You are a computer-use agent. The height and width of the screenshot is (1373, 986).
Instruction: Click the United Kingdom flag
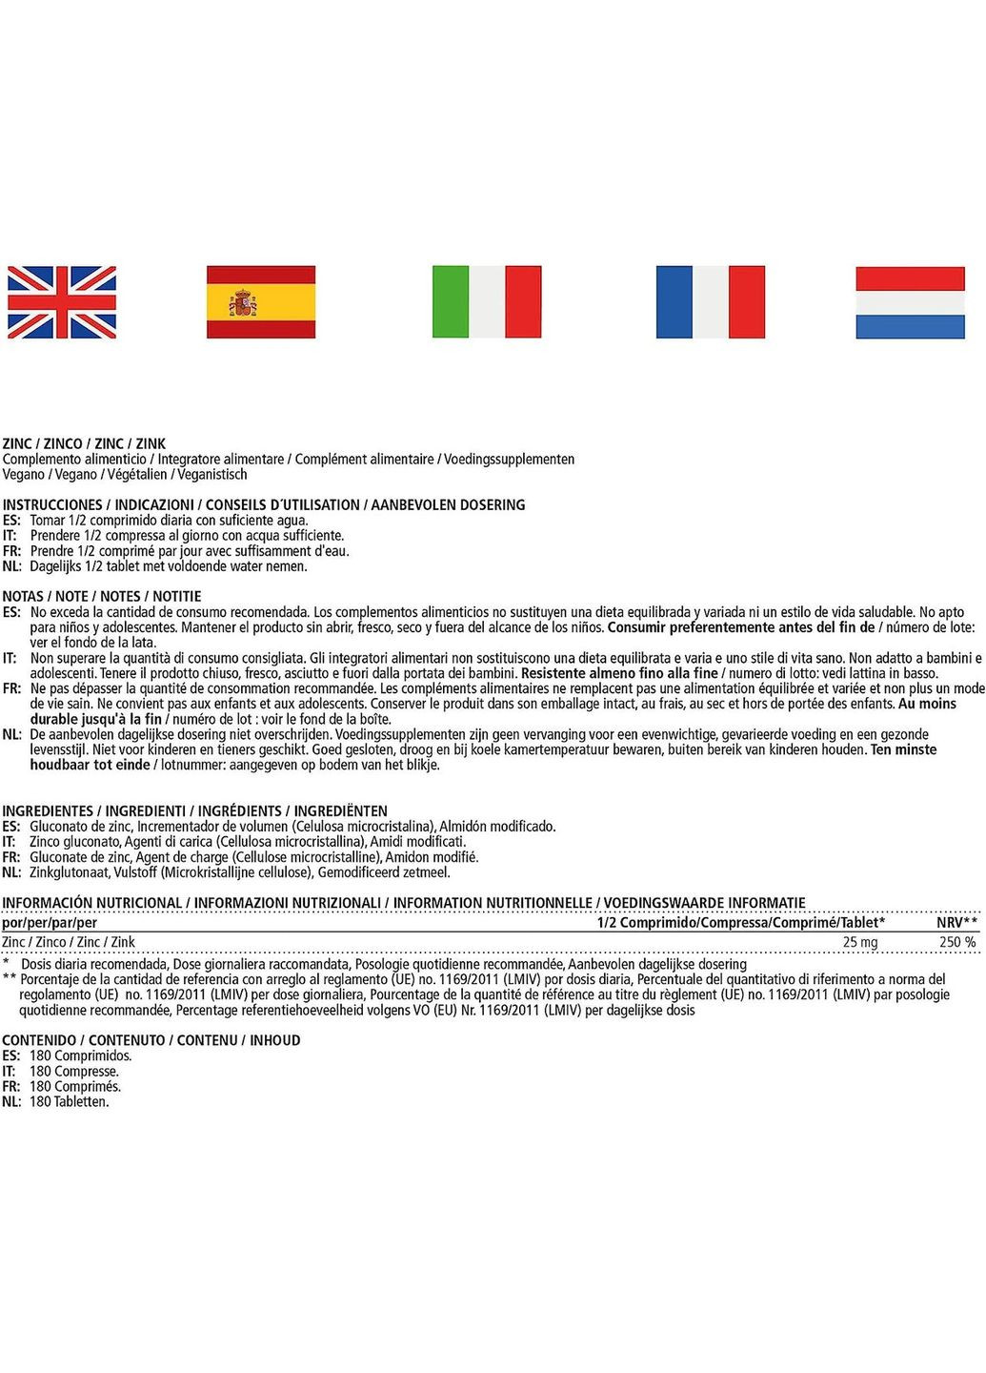tap(62, 302)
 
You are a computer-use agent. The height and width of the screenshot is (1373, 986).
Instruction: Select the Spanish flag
tap(261, 302)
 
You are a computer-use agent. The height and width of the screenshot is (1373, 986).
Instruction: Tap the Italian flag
tap(487, 302)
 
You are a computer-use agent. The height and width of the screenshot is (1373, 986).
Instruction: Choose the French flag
tap(711, 302)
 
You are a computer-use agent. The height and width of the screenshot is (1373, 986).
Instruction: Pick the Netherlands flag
tap(910, 302)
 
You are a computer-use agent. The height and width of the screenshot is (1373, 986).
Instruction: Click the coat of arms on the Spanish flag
tap(243, 304)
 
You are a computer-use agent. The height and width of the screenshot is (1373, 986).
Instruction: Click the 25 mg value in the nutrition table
tap(860, 942)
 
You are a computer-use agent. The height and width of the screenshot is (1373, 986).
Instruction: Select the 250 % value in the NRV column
tap(957, 942)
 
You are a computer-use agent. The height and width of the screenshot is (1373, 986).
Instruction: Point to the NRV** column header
tap(957, 922)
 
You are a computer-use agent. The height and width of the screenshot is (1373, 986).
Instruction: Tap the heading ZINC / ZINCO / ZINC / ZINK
tap(84, 443)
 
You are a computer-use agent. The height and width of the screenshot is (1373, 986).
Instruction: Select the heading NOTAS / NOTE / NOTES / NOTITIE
tap(102, 596)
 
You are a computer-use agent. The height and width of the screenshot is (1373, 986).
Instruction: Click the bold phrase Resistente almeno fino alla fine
tap(619, 673)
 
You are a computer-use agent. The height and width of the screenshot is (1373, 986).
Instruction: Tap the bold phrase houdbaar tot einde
tap(90, 765)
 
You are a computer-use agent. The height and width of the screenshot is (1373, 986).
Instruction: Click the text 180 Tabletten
tap(69, 1101)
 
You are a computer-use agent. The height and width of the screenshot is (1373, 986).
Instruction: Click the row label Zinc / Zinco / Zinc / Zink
tap(69, 942)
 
